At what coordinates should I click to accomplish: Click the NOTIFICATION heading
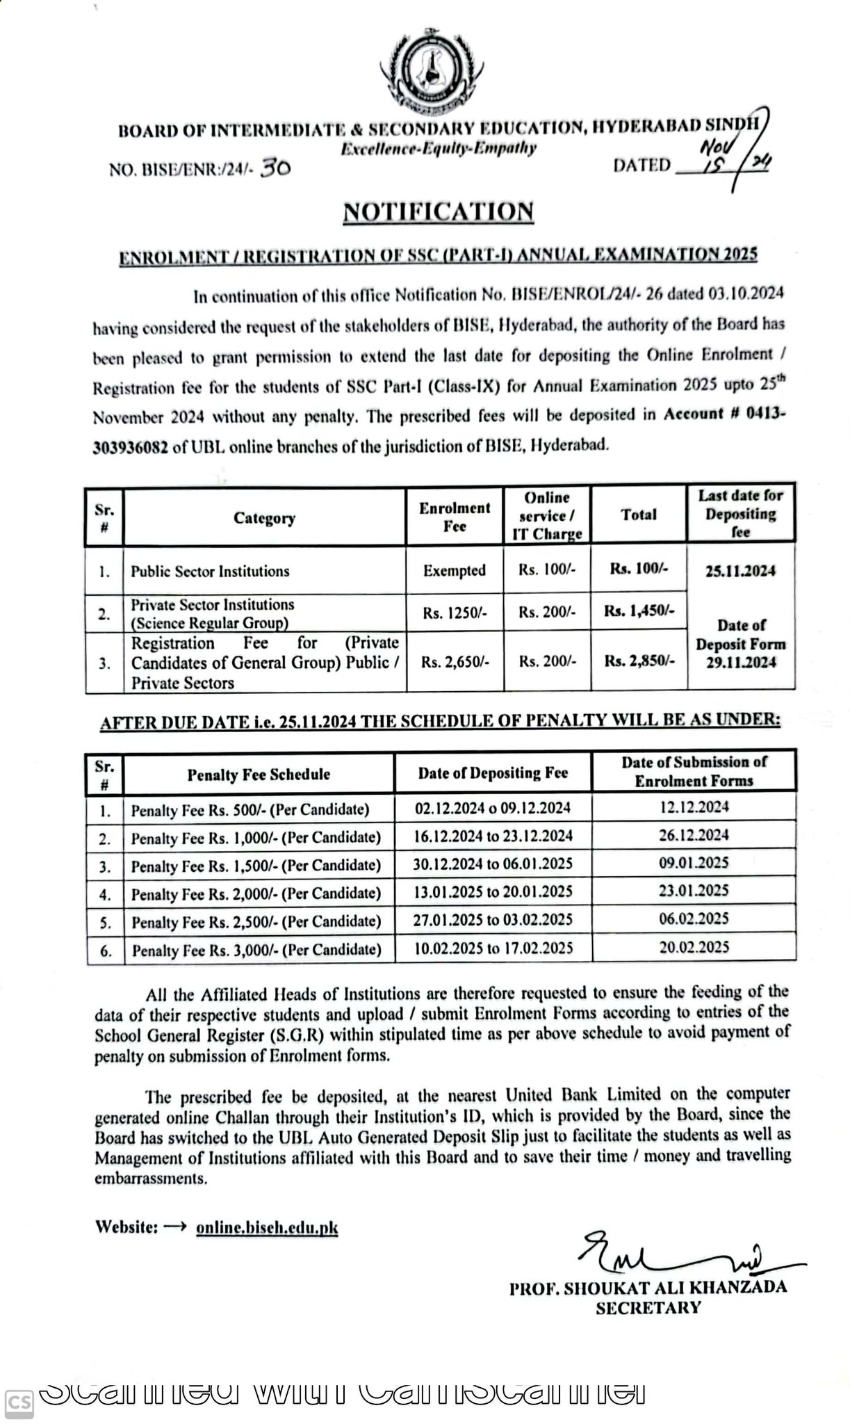pyautogui.click(x=439, y=211)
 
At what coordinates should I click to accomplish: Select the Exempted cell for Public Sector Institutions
pyautogui.click(x=455, y=571)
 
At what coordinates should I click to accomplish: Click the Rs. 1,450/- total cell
pyautogui.click(x=639, y=611)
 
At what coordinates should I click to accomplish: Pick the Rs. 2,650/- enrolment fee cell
pyautogui.click(x=455, y=663)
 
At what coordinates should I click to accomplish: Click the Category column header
pyautogui.click(x=264, y=518)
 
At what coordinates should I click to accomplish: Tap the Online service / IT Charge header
pyautogui.click(x=547, y=516)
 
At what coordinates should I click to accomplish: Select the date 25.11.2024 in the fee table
pyautogui.click(x=740, y=571)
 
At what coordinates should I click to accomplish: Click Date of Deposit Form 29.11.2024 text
pyautogui.click(x=740, y=644)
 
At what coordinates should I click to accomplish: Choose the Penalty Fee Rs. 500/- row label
pyautogui.click(x=250, y=810)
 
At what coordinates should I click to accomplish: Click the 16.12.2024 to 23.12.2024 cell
pyautogui.click(x=493, y=836)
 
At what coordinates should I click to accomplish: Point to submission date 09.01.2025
pyautogui.click(x=694, y=863)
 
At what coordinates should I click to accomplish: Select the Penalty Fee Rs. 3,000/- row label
pyautogui.click(x=256, y=950)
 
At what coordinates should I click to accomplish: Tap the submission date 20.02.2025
pyautogui.click(x=694, y=947)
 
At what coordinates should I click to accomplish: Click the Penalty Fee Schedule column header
pyautogui.click(x=259, y=774)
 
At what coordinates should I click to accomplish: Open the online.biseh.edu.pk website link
pyautogui.click(x=267, y=1227)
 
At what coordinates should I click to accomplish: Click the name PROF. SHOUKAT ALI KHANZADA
pyautogui.click(x=648, y=1287)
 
